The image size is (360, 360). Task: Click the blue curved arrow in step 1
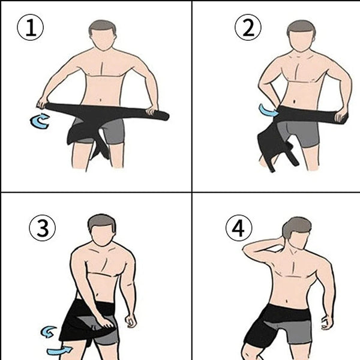point(40,121)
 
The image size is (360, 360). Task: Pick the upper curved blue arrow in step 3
point(49,331)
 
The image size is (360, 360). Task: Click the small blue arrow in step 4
point(326,323)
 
